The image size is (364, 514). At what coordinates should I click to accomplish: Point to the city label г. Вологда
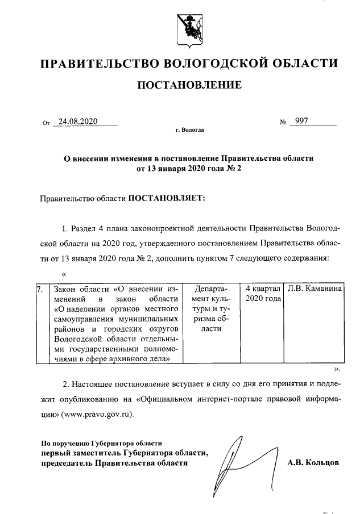pos(189,131)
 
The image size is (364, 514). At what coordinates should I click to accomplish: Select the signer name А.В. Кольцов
pos(315,463)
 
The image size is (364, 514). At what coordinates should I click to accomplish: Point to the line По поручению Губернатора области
pos(102,442)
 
